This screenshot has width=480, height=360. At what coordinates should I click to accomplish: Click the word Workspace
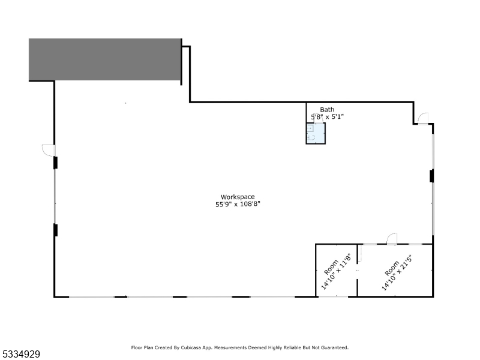tap(238, 197)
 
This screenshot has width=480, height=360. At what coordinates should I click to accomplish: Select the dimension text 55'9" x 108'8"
tap(238, 204)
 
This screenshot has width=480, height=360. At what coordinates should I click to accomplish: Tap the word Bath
tap(327, 109)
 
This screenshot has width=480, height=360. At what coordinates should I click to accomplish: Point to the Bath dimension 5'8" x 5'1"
tap(327, 116)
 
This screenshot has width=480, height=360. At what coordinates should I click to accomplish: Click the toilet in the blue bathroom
tap(311, 137)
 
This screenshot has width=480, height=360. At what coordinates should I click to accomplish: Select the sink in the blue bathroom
tap(310, 128)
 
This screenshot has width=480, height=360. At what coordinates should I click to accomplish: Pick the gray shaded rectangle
tap(105, 59)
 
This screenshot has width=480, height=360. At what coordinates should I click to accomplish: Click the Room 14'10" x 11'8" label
tap(335, 271)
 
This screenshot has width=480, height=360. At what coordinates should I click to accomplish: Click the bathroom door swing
tap(319, 118)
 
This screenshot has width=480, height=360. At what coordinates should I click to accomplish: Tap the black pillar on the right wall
tap(431, 176)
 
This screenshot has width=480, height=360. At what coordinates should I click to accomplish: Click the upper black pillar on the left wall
tap(55, 163)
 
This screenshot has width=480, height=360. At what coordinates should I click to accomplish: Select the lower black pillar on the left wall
tap(55, 230)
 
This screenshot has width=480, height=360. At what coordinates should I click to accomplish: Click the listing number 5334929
tap(20, 354)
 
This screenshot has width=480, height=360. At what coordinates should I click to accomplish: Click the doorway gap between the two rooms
tap(357, 271)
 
